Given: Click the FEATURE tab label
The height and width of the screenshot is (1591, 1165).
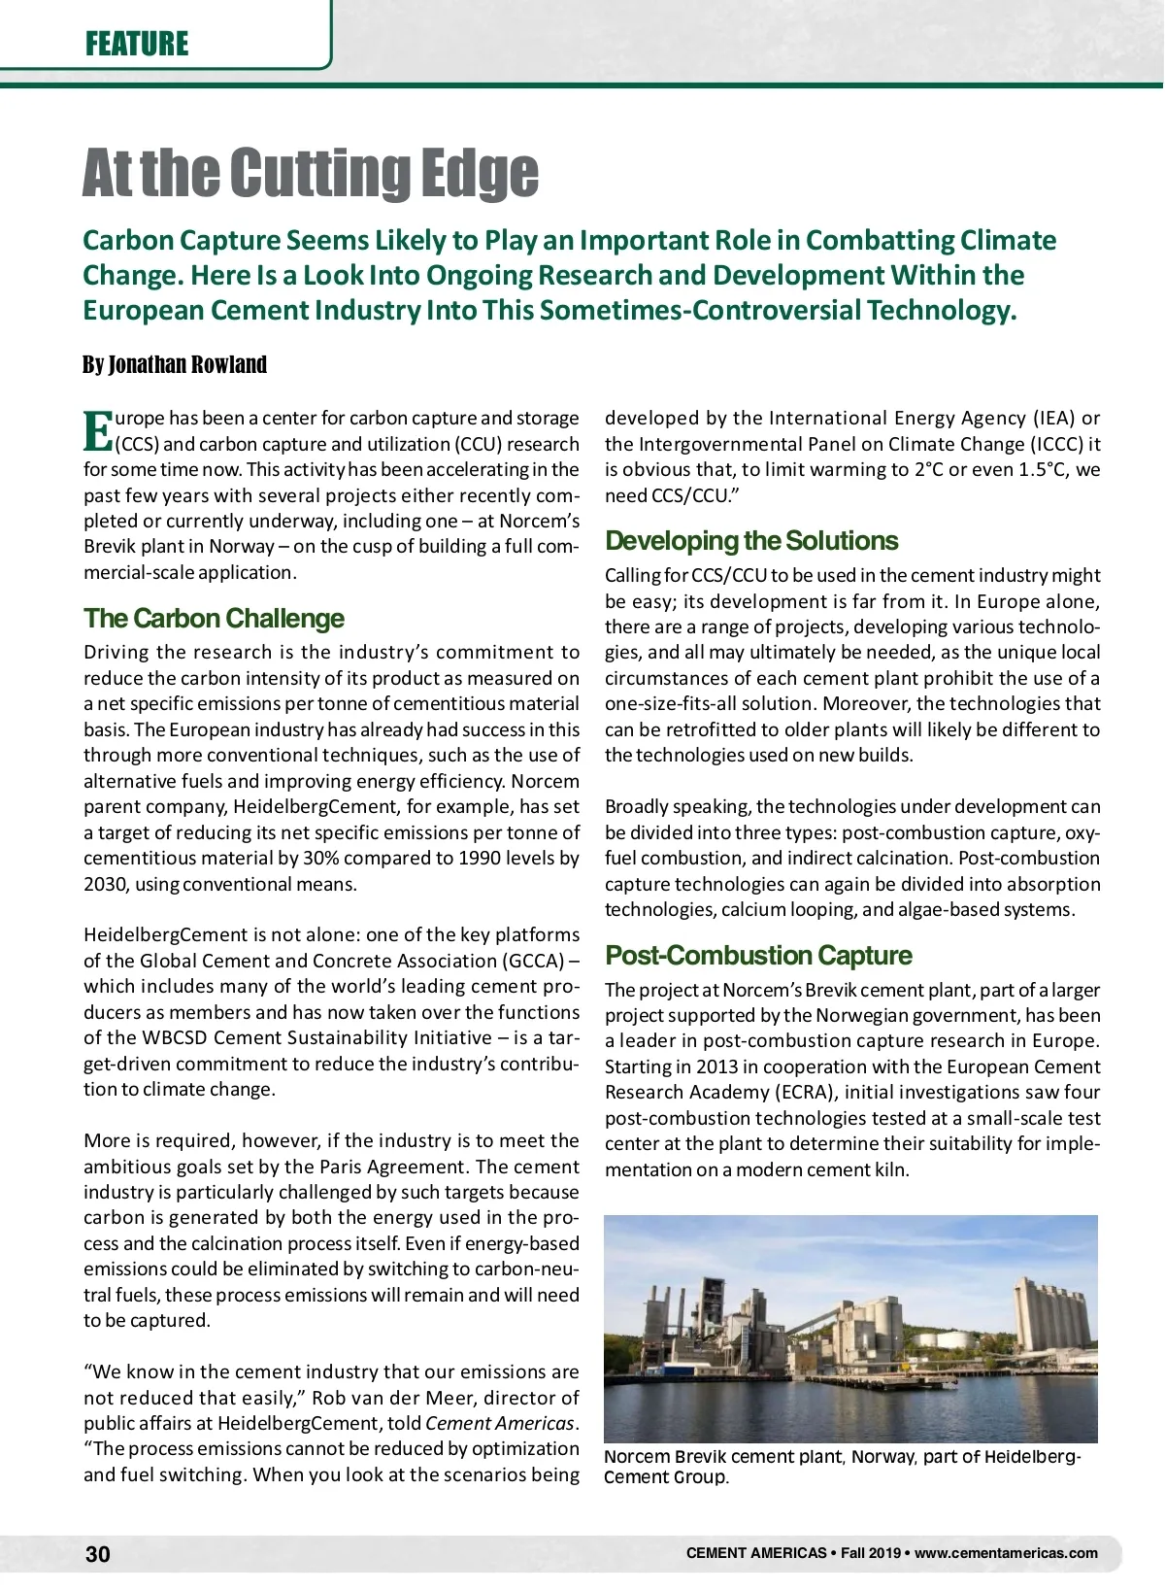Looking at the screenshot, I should click(137, 44).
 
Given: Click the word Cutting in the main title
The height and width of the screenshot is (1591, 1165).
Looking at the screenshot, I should click(313, 174).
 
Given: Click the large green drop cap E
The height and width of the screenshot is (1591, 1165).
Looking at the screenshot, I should click(98, 431).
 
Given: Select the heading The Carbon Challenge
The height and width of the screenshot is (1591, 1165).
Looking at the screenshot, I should click(214, 619).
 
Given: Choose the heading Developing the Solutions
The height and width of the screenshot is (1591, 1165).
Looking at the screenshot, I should click(751, 541).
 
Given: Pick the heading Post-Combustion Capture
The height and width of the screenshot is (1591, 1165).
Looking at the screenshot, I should click(758, 956).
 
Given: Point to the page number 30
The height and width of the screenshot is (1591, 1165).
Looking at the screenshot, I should click(98, 1554).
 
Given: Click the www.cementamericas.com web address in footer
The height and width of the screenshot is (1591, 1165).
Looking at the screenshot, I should click(1006, 1553).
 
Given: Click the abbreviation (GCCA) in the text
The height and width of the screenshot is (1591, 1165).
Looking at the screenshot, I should click(533, 961).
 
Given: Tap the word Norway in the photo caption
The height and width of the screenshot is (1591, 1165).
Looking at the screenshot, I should click(882, 1457).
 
